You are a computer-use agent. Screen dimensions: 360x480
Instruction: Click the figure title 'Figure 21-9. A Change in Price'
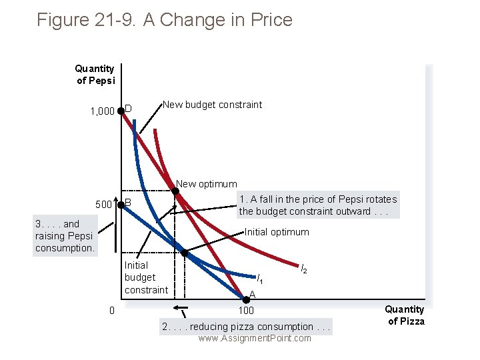165,20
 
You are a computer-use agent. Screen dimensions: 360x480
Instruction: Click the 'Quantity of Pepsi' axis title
95,74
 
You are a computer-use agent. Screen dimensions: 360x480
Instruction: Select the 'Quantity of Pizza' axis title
404,315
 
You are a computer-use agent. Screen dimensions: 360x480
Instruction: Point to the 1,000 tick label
101,111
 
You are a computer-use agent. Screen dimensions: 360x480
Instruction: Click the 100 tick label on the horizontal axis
246,311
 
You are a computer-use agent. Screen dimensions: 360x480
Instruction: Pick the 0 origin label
112,310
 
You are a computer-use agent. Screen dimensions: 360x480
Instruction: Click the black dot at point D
121,111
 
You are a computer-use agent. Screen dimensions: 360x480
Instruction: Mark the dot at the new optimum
175,192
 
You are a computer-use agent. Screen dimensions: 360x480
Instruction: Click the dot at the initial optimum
185,253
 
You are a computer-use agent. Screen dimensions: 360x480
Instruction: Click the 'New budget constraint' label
212,105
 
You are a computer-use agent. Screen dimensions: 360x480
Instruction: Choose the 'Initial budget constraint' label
146,277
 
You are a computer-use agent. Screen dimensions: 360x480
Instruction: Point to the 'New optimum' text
206,184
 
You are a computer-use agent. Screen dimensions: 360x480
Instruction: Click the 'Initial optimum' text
277,232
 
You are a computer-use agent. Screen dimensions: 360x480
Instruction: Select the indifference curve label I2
303,269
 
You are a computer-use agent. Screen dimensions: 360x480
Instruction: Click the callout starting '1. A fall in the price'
317,205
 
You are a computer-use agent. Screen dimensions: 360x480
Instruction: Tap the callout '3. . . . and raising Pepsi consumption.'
65,237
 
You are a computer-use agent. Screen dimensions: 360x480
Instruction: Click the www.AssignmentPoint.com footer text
255,339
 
